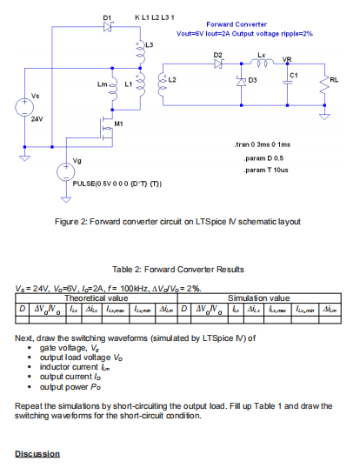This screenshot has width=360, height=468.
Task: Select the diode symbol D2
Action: [x=219, y=64]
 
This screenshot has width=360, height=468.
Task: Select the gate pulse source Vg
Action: [x=64, y=172]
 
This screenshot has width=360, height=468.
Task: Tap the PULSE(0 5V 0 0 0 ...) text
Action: [x=117, y=186]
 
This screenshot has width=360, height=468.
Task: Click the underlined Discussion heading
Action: [x=37, y=454]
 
